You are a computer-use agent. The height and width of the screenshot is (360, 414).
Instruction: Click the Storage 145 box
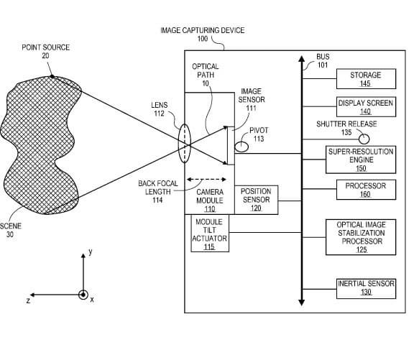coord(366,79)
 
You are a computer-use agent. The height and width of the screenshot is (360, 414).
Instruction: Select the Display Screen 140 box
coord(366,106)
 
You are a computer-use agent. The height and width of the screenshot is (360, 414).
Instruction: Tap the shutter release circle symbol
coord(364,139)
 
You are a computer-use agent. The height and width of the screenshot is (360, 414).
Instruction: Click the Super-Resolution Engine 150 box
coord(361,160)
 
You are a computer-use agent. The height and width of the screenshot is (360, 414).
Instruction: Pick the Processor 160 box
coord(366,190)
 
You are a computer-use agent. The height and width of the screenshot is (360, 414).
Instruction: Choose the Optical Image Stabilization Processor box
coord(361,237)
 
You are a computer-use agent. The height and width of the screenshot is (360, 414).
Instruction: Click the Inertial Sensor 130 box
coord(366,289)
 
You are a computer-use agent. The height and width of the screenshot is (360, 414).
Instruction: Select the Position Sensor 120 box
coord(256,200)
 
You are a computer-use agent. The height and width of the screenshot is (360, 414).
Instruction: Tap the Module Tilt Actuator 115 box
coord(210,233)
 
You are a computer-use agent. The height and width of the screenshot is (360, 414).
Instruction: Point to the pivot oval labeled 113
coord(241,147)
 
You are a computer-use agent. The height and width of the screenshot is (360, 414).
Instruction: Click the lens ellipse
coord(184,143)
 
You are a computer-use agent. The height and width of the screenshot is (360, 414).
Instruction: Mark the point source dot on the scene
coord(52,77)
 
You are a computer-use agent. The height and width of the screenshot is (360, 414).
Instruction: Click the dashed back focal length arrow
coord(206,180)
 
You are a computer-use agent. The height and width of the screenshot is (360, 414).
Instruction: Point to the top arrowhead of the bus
coord(302,59)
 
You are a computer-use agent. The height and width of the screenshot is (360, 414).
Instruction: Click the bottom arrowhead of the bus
coord(302,303)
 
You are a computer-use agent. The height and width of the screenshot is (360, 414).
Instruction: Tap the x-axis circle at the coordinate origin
coord(83,295)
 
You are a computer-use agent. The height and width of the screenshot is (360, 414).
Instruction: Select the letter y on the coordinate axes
coord(91,251)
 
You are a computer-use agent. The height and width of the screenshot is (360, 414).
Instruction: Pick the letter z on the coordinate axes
coord(28,300)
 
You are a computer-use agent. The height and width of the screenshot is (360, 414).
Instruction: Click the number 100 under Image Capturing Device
coord(203,39)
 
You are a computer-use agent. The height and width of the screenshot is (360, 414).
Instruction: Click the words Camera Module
coord(210,196)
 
